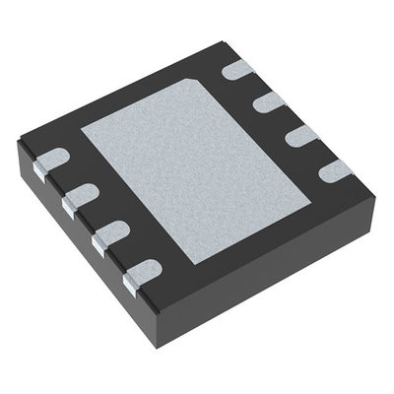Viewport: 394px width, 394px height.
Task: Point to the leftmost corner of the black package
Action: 18,139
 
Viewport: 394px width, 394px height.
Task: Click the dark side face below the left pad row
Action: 89,256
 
